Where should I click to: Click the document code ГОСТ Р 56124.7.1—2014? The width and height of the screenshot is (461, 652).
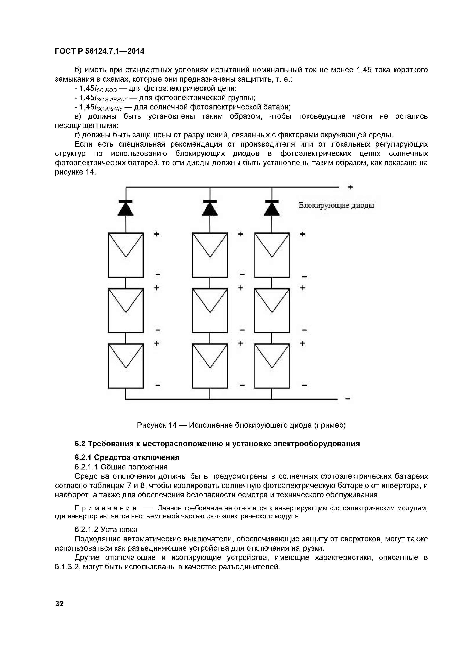pyautogui.click(x=100, y=51)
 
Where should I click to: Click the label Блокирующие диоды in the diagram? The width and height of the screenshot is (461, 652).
pyautogui.click(x=336, y=206)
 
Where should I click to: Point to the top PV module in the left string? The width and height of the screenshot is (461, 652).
pyautogui.click(x=125, y=255)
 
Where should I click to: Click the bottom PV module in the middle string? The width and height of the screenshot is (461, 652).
pyautogui.click(x=210, y=366)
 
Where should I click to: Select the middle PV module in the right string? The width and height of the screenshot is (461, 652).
pyautogui.click(x=272, y=310)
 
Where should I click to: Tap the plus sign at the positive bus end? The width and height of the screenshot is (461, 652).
pyautogui.click(x=350, y=187)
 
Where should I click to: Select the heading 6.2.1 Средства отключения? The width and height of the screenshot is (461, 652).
pyautogui.click(x=127, y=457)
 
